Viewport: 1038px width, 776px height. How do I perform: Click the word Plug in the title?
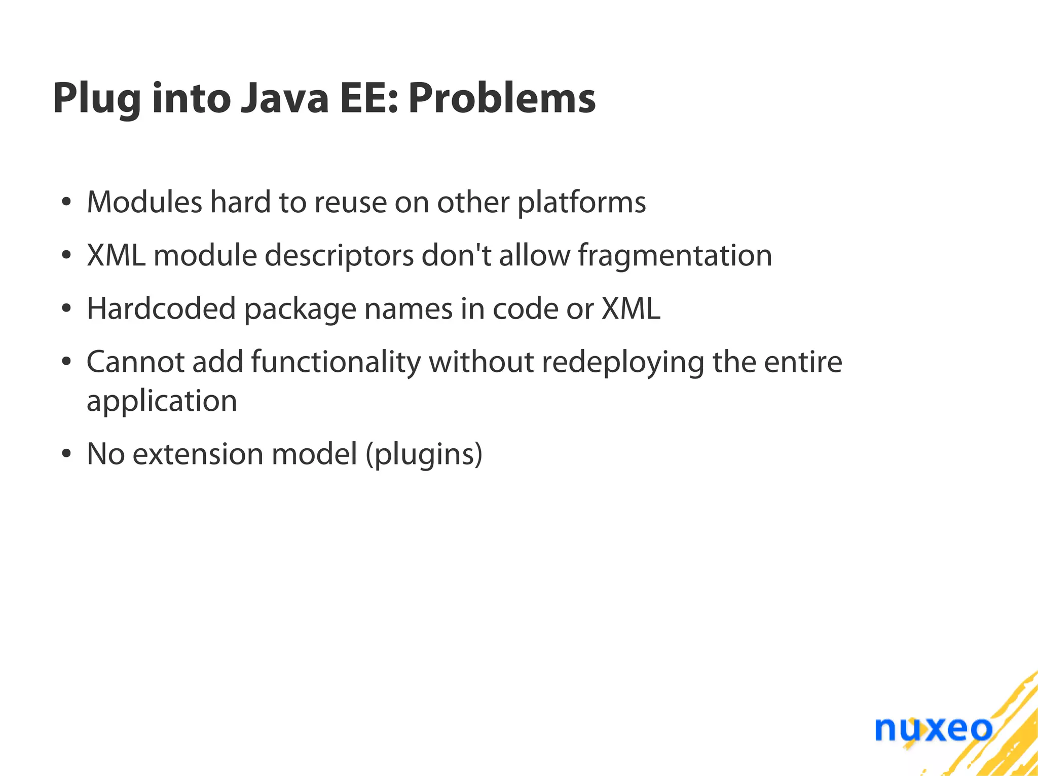[96, 98]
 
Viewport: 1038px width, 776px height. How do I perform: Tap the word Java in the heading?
[284, 98]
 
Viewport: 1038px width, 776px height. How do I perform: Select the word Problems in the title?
[502, 98]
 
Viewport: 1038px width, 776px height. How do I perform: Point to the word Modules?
[144, 202]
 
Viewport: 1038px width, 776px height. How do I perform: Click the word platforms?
[581, 203]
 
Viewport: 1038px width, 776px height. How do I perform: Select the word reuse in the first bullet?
[350, 202]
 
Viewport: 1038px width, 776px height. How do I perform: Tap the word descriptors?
[339, 255]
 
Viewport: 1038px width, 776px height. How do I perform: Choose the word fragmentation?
[675, 255]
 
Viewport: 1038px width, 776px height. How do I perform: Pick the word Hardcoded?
[161, 308]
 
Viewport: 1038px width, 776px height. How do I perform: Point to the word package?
[300, 309]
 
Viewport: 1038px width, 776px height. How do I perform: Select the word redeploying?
[623, 363]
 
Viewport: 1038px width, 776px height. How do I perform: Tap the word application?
[162, 402]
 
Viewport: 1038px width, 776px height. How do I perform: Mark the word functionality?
[336, 363]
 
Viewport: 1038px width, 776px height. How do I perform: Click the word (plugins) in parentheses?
[424, 454]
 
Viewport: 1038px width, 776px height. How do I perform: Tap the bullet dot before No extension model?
[66, 454]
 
